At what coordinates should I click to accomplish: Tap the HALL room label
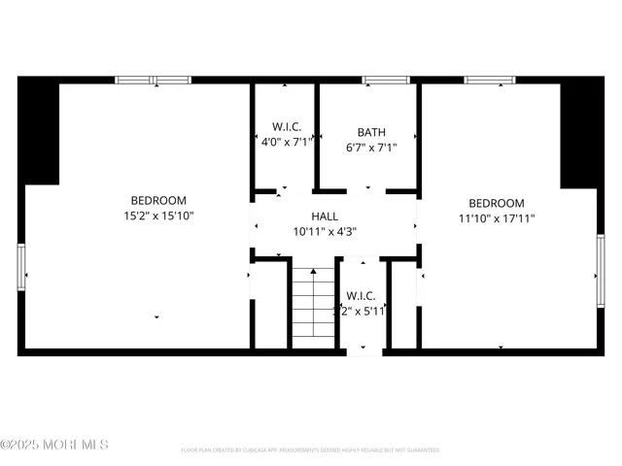325,216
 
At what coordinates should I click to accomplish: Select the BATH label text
371,132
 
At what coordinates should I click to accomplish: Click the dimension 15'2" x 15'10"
159,216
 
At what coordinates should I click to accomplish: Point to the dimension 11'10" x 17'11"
497,218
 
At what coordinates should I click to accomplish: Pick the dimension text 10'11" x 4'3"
325,231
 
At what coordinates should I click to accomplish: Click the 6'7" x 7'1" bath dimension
371,148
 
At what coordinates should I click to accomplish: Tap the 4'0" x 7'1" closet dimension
285,142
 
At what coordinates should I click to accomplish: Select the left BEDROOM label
159,201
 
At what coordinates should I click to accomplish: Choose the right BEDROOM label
497,203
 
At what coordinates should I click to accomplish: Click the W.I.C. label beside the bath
285,126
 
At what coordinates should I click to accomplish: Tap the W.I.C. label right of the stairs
361,295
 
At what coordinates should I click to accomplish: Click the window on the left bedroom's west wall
21,267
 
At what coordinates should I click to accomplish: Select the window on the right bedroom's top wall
489,80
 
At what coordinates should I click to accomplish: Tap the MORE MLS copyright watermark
54,445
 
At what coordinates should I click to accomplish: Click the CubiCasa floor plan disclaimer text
310,450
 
